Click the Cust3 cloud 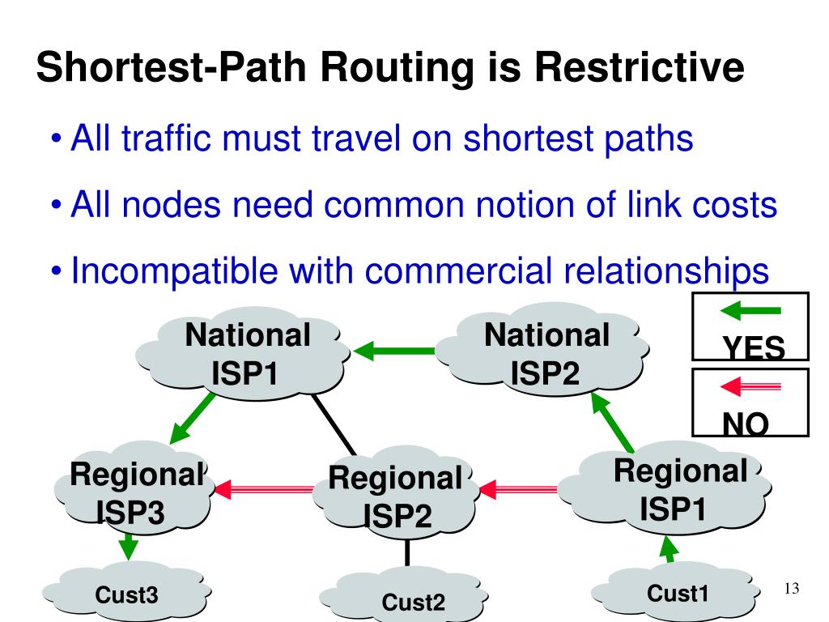coord(126,596)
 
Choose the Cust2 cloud coord(412,601)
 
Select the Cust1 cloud coord(678,594)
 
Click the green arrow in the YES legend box coord(750,310)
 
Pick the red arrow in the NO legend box coord(750,386)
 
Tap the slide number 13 coord(792,588)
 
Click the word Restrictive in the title coord(639,68)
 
